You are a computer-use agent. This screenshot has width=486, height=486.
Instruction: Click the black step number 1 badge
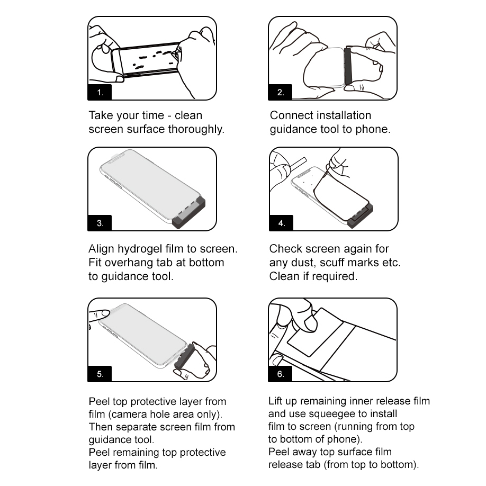100,92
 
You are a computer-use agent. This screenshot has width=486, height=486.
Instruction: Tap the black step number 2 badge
280,92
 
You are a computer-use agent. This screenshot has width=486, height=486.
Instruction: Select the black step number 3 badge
100,223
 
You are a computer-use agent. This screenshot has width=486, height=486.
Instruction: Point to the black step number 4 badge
281,223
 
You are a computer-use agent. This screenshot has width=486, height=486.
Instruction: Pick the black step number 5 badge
100,374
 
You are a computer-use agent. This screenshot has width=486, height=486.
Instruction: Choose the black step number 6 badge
280,374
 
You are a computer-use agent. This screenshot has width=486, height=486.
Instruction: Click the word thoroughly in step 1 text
196,129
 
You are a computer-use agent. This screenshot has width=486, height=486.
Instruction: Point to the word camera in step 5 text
127,414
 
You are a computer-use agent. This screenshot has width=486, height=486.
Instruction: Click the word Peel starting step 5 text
99,401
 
